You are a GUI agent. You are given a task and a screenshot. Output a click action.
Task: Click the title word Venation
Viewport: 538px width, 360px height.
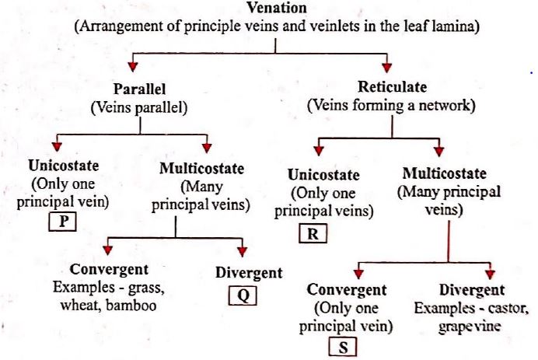(277, 9)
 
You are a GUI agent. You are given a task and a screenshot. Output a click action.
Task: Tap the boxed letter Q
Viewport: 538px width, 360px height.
(242, 296)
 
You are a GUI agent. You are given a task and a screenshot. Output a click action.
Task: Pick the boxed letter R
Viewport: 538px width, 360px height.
(313, 233)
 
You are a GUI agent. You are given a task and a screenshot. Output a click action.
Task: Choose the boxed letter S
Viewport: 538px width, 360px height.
(342, 348)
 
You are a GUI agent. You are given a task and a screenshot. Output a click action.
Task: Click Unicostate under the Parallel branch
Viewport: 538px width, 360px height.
(62, 166)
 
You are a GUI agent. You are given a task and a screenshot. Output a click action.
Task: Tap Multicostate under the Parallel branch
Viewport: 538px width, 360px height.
(201, 169)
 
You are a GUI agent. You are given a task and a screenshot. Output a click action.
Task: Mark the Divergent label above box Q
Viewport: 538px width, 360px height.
(249, 273)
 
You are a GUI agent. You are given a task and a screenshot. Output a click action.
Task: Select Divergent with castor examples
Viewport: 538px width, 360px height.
(472, 291)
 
